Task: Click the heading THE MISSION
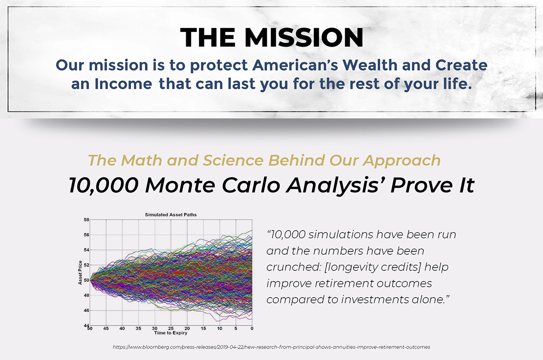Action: pyautogui.click(x=272, y=38)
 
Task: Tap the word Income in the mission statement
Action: pyautogui.click(x=123, y=84)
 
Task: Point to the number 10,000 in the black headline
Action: pyautogui.click(x=103, y=186)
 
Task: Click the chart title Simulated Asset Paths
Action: pyautogui.click(x=171, y=215)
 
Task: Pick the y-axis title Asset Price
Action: pyautogui.click(x=80, y=273)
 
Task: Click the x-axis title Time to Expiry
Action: pyautogui.click(x=171, y=333)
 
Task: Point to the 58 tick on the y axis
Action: pyautogui.click(x=86, y=220)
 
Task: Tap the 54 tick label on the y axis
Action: pyautogui.click(x=86, y=250)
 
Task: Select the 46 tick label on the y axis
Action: pyautogui.click(x=86, y=310)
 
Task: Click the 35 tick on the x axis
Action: pyautogui.click(x=139, y=329)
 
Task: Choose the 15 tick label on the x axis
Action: pyautogui.click(x=203, y=329)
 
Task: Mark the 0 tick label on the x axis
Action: pyautogui.click(x=252, y=329)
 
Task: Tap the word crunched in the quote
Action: pyautogui.click(x=294, y=267)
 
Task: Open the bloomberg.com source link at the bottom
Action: pyautogui.click(x=271, y=347)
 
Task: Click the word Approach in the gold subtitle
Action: pyautogui.click(x=402, y=160)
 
